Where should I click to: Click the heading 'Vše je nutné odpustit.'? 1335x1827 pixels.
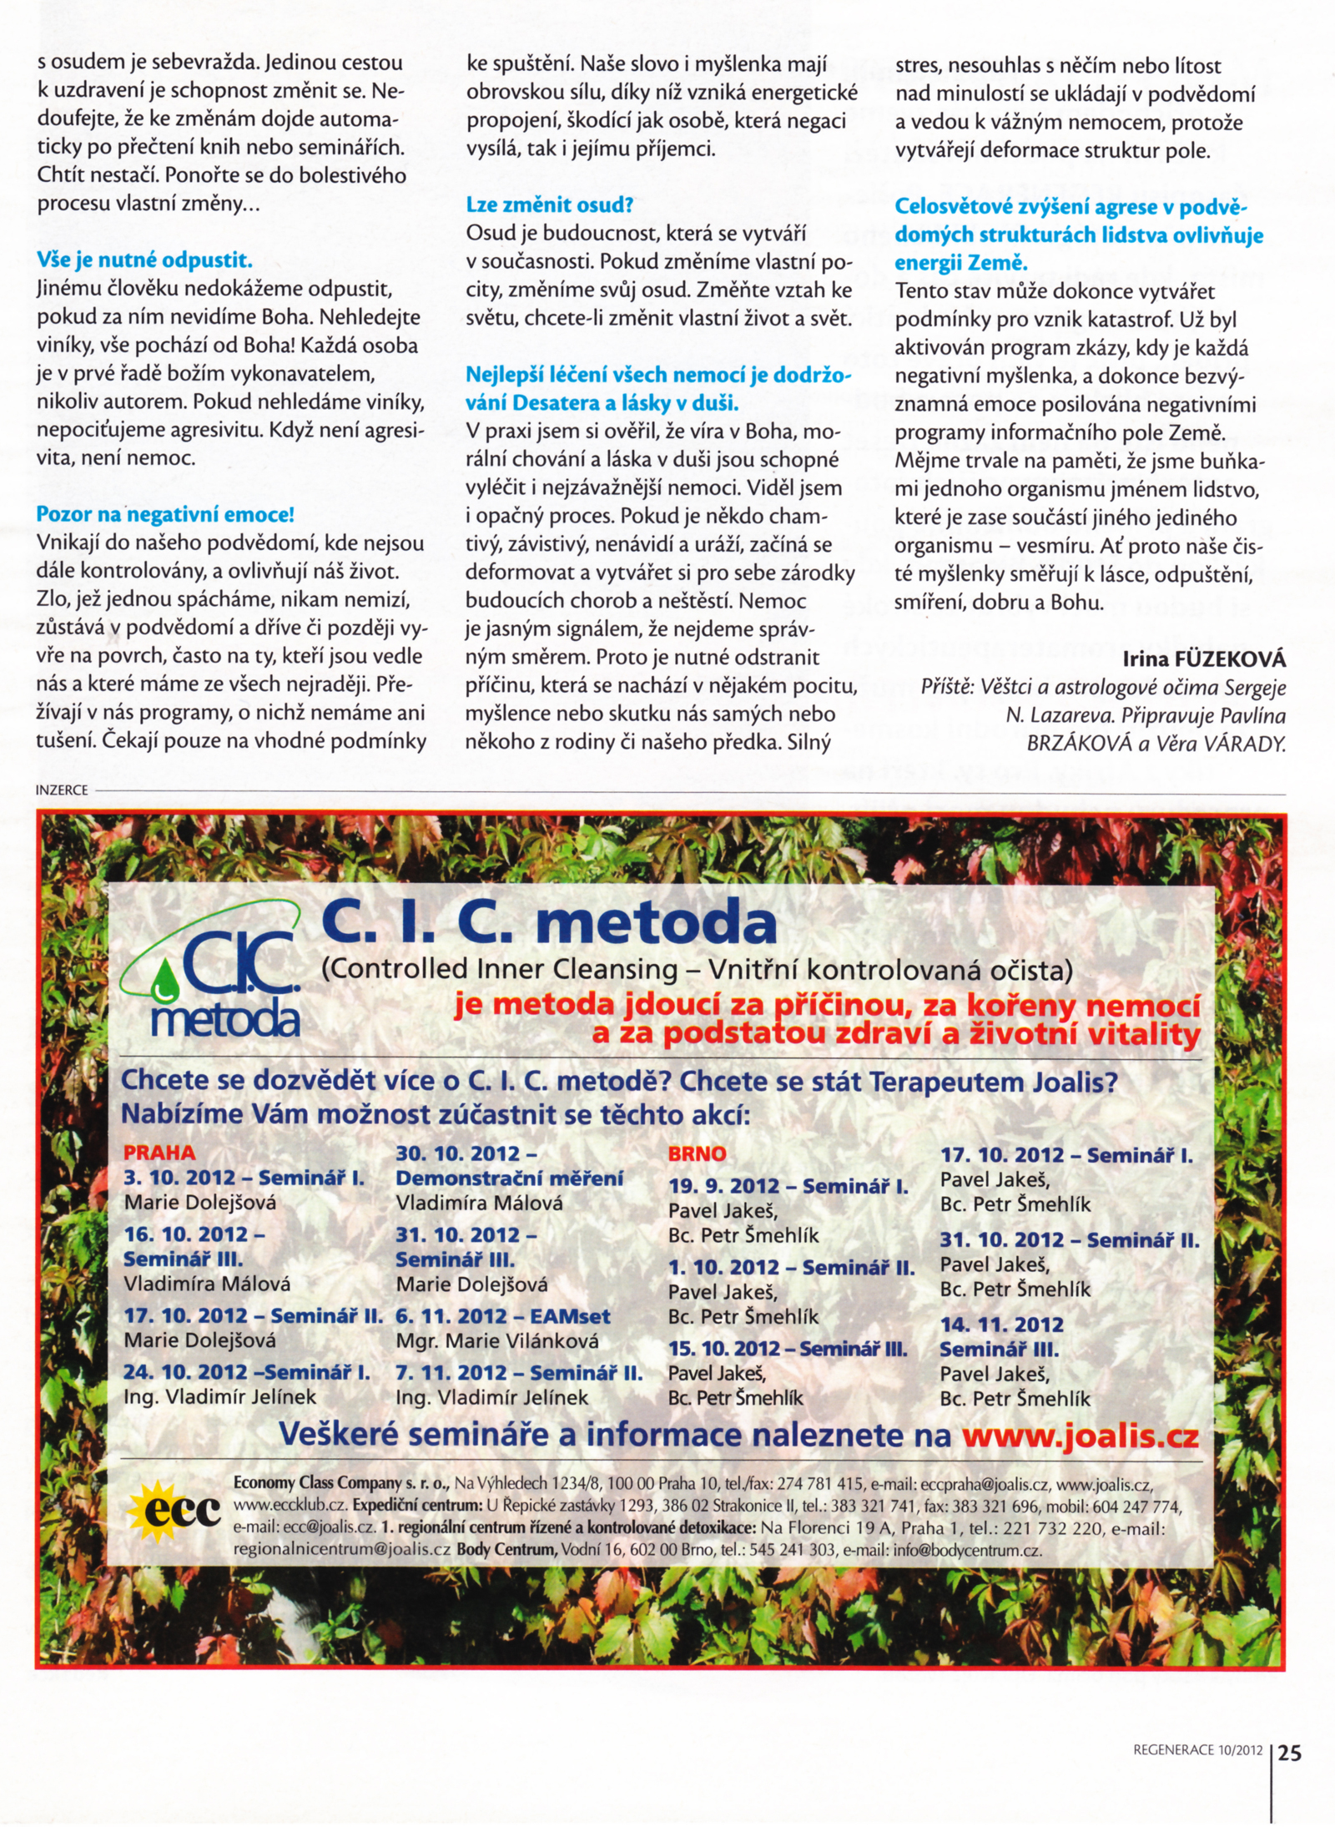point(144,260)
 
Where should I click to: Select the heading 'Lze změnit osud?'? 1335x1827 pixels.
point(550,204)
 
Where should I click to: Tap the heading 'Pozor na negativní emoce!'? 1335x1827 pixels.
point(165,514)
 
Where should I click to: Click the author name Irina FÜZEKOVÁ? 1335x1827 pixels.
point(1204,659)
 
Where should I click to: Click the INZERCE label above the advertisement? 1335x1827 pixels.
point(62,790)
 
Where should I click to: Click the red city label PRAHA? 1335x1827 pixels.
point(159,1153)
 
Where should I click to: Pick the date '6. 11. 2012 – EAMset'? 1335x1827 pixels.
point(503,1316)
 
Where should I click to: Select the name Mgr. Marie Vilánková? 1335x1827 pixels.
point(497,1341)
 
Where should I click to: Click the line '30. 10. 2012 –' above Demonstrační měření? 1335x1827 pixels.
point(466,1153)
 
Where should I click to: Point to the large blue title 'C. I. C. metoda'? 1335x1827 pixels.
point(549,923)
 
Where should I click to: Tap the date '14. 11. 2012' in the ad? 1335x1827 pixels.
point(1001,1325)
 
